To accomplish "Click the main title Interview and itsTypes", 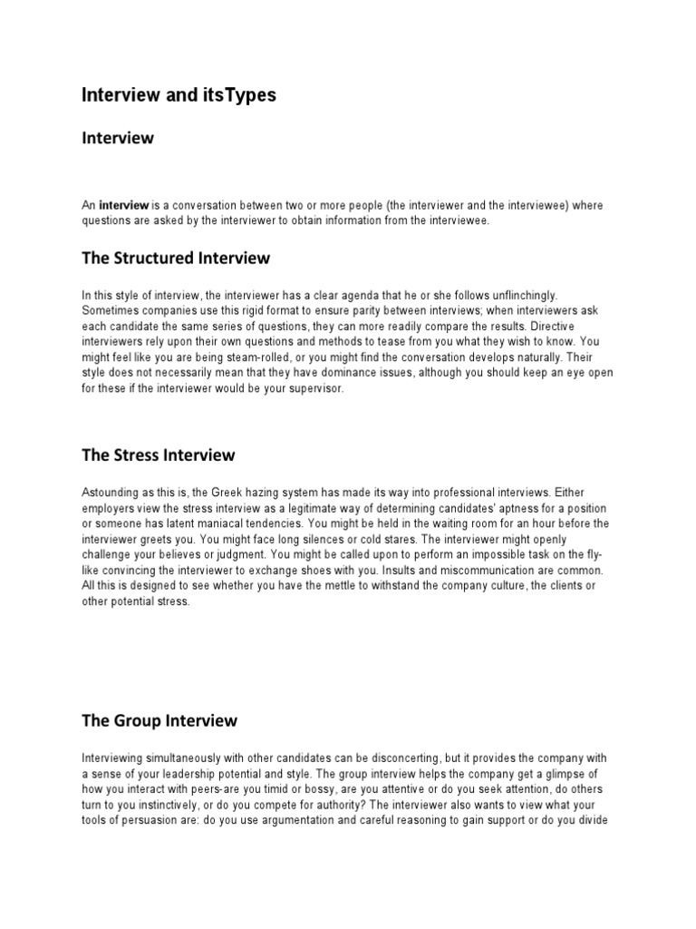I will point(179,94).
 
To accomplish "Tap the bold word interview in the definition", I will point(123,206).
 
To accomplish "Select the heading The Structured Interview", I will point(176,258).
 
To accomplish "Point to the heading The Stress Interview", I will point(159,455).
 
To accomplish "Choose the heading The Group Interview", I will point(159,721).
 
